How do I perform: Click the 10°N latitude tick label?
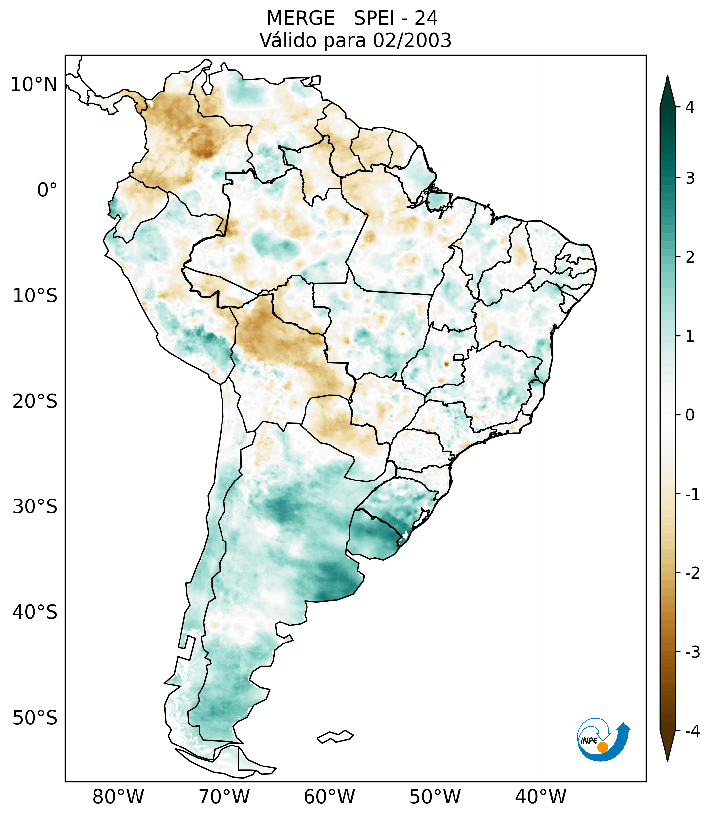click(33, 85)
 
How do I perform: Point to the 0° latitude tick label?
click(47, 190)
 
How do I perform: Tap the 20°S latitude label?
click(35, 401)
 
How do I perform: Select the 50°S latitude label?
click(35, 718)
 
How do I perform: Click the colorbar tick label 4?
click(690, 107)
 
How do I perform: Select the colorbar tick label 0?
click(690, 415)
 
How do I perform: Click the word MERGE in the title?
click(300, 18)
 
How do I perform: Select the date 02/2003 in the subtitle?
click(412, 40)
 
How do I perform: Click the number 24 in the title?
click(426, 18)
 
